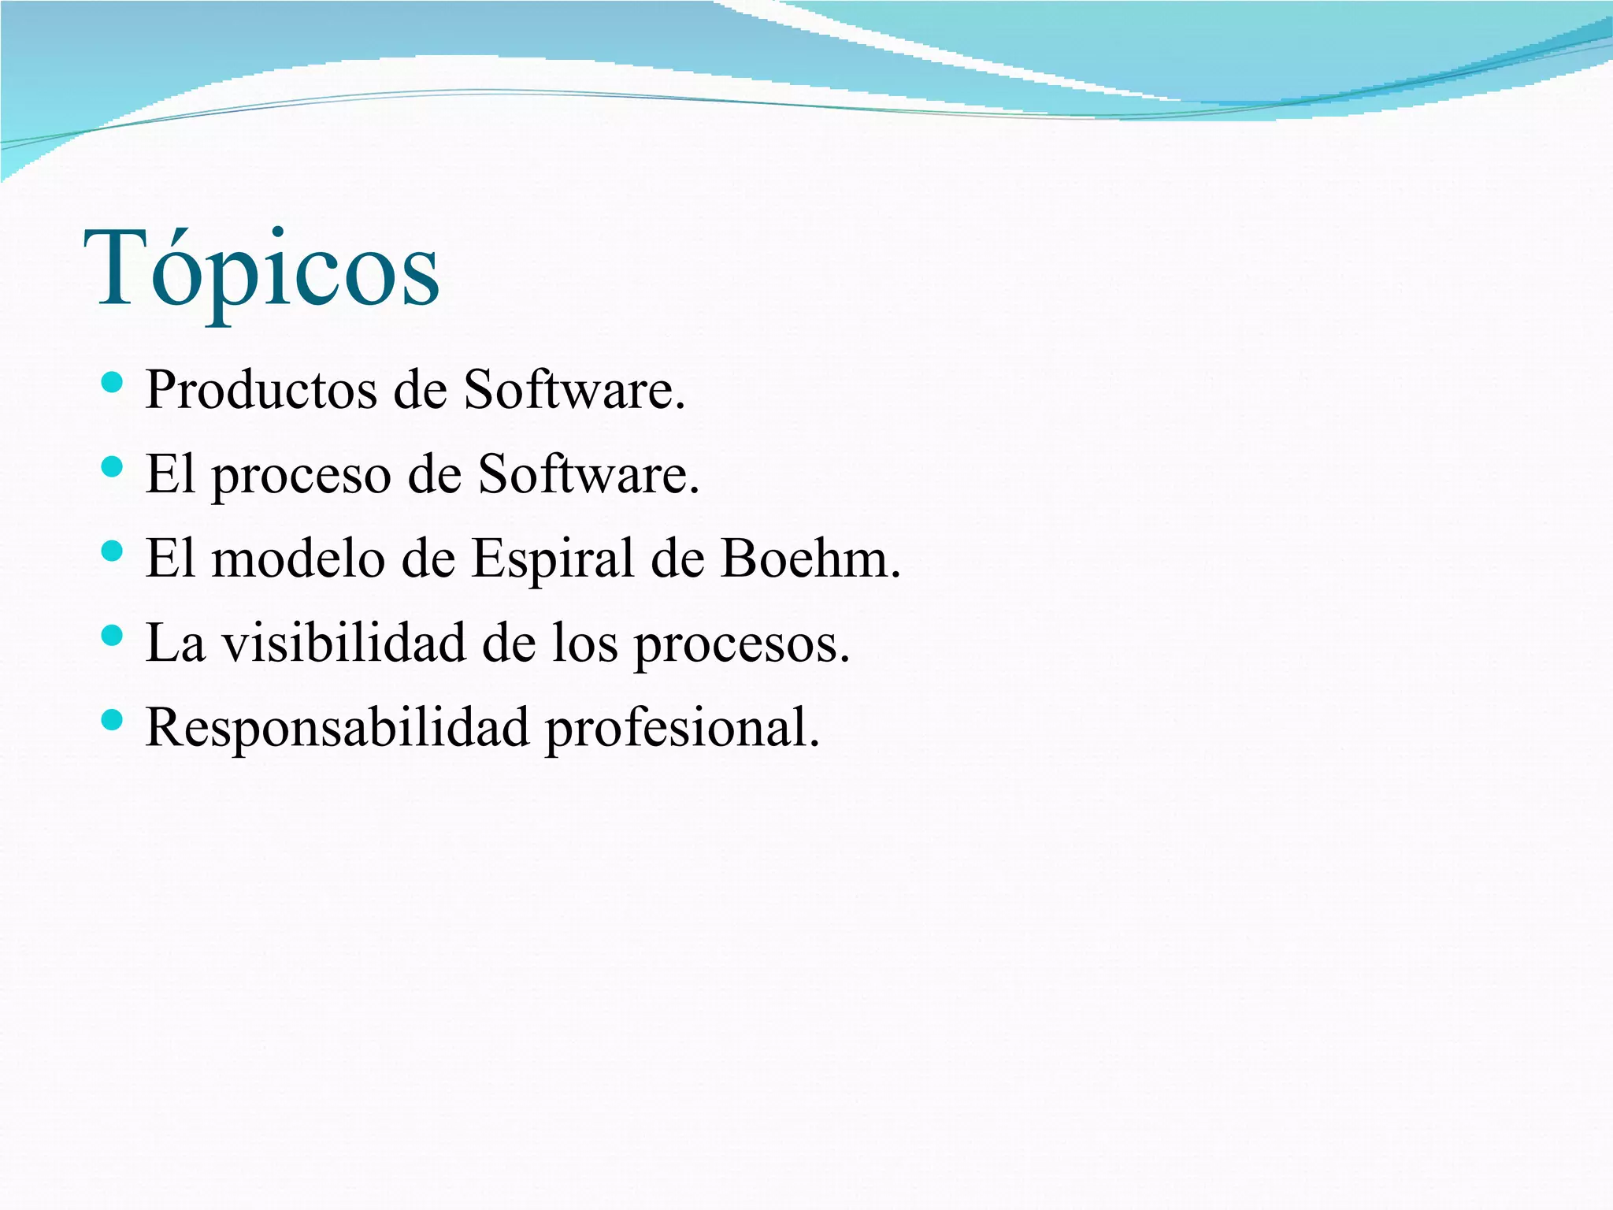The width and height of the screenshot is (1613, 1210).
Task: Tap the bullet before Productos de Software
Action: [113, 384]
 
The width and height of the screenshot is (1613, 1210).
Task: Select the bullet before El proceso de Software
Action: [113, 468]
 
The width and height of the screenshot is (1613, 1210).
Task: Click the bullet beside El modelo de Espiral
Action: [113, 552]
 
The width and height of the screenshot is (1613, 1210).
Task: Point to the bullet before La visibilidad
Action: [113, 636]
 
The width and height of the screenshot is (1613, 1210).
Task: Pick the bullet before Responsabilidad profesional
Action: [113, 720]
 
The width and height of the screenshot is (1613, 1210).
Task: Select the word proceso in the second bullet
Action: [302, 476]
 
